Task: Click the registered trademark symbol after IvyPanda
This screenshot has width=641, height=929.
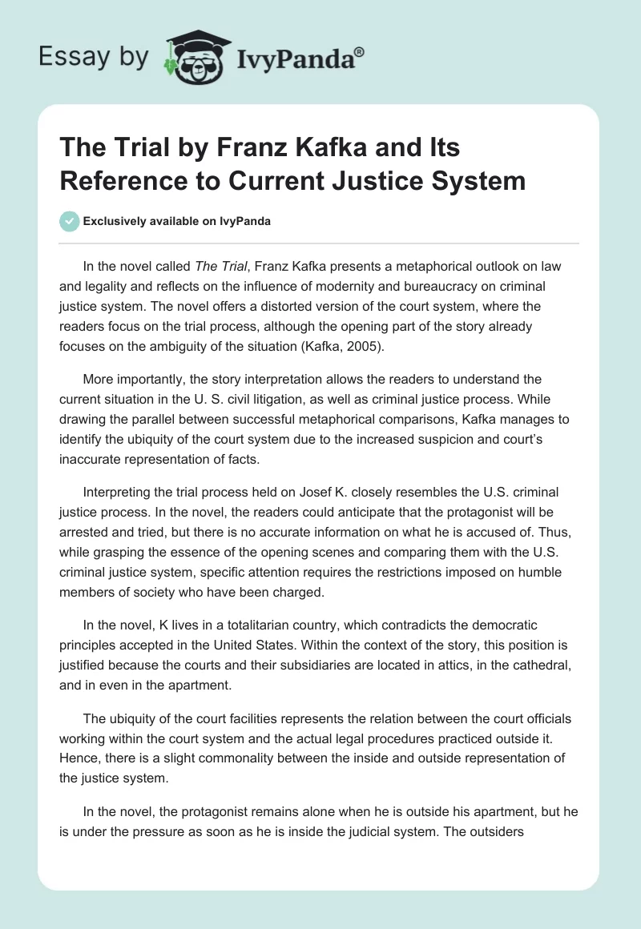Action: coord(359,52)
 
